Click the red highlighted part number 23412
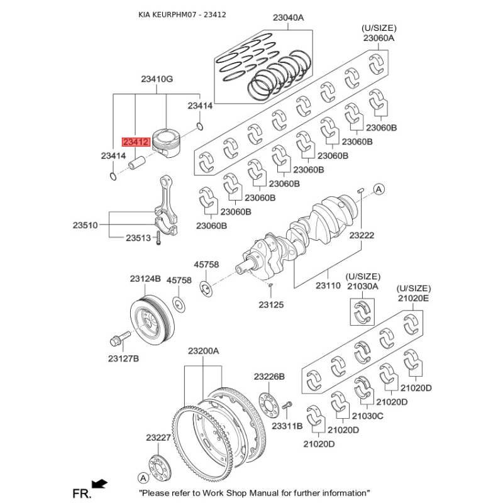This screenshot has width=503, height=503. coord(136,142)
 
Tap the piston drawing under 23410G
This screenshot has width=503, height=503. coord(166,143)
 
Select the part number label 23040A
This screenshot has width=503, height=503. coord(288,18)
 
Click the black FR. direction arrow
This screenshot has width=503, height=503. coord(99,484)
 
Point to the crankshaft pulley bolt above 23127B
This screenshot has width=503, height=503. coord(120,338)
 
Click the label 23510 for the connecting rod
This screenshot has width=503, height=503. coord(85,225)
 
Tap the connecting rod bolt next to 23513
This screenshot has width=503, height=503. coord(158,238)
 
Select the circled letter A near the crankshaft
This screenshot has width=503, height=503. coord(379,189)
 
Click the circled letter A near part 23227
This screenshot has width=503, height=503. coord(143,478)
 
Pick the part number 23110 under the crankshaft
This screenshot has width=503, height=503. coord(328,285)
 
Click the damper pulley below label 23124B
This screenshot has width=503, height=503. coord(152,320)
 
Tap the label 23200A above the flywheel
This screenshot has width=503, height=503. coord(203,351)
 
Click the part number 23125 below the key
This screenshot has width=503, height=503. coord(271,305)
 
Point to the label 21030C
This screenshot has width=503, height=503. coord(367,416)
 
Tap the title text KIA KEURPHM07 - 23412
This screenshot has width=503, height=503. coord(182,14)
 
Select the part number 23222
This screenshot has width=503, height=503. coord(362,235)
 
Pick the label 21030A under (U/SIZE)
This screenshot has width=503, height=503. coord(363,286)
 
